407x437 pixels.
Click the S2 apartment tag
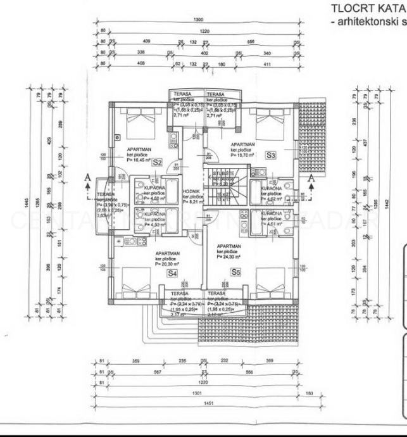(158, 162)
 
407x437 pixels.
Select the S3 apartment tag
(270, 155)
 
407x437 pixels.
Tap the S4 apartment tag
(171, 273)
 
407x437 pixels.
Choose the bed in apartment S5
(268, 279)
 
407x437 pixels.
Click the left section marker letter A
(87, 178)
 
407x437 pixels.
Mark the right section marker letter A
(311, 178)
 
